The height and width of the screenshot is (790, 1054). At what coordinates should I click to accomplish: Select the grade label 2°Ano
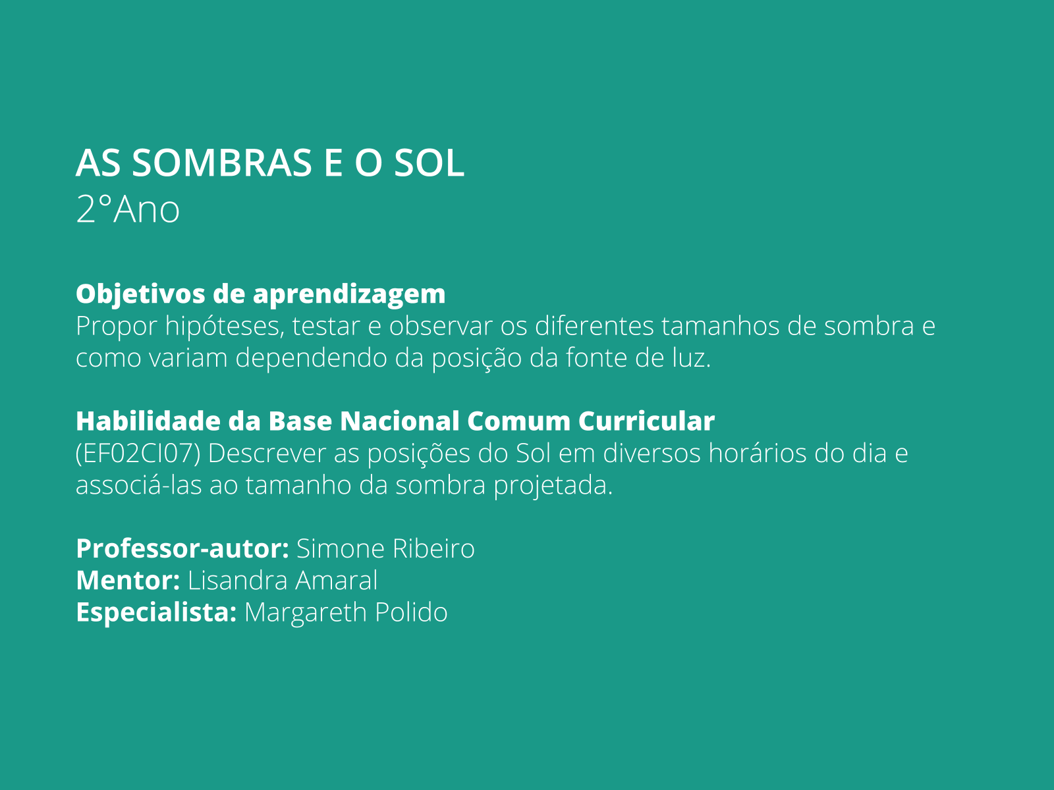coord(128,210)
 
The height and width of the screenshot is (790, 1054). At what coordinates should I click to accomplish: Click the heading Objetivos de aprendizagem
coord(260,294)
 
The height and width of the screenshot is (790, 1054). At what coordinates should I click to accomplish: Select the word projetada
coord(553,486)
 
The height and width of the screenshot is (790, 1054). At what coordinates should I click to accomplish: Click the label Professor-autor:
coord(182,548)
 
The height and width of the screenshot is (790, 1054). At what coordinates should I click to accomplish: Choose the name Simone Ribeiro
coord(385,548)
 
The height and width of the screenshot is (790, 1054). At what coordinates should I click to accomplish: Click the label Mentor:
coord(128,581)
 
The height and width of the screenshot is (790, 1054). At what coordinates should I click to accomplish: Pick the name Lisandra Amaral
coord(283,581)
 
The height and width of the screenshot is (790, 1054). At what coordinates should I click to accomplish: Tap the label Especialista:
coord(156,612)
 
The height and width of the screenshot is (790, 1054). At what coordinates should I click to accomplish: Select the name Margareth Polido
coord(346,612)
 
